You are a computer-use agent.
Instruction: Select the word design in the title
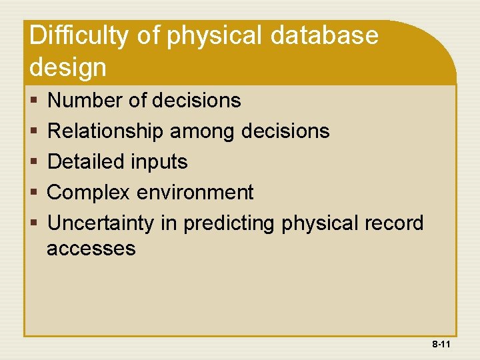(x=67, y=67)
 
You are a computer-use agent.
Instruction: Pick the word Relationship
(x=105, y=131)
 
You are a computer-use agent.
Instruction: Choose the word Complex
(x=89, y=193)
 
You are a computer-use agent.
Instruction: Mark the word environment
(x=195, y=193)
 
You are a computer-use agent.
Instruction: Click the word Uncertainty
(x=101, y=223)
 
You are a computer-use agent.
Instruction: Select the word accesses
(x=91, y=249)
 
